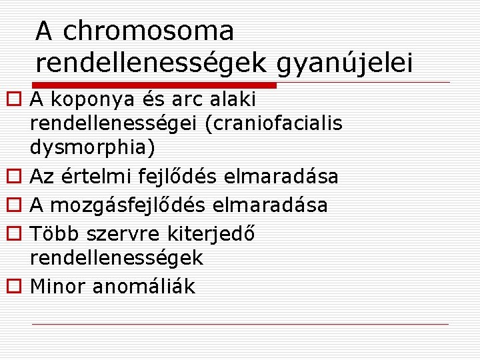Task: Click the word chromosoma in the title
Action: tap(148, 31)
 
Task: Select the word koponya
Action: tap(87, 100)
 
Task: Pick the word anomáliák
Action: tap(144, 286)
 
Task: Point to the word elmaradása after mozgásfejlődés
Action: tap(270, 205)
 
